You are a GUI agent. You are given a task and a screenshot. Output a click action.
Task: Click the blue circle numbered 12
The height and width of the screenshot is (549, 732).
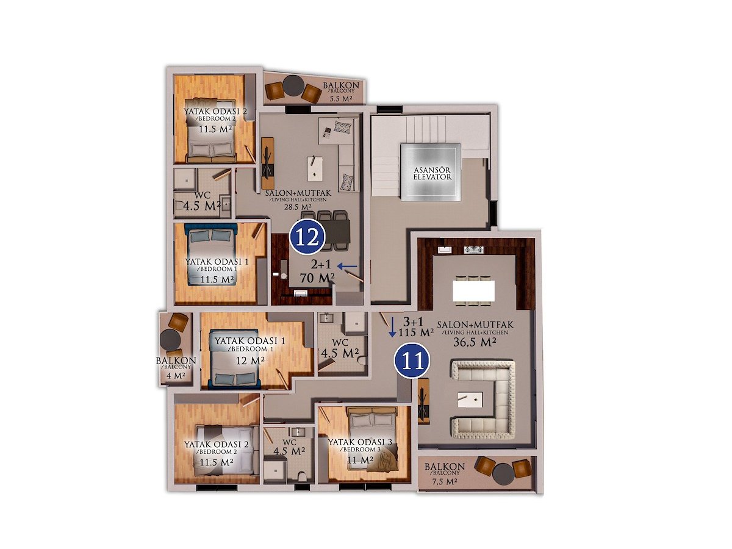306,238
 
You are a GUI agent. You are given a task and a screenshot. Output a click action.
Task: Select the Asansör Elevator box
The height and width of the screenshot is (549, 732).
431,172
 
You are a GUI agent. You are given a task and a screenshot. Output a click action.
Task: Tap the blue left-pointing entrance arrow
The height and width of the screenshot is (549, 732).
347,266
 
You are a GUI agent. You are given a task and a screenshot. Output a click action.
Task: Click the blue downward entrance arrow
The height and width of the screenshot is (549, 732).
392,327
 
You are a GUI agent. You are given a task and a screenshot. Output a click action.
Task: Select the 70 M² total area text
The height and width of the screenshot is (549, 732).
317,278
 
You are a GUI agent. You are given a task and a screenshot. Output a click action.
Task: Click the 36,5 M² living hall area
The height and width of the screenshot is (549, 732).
475,342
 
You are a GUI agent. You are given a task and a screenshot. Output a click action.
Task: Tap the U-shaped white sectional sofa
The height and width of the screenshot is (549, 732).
483,399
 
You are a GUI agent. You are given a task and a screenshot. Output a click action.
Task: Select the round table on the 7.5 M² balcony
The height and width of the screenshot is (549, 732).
503,475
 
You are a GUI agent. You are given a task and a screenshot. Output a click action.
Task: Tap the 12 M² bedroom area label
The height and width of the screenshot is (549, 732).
250,360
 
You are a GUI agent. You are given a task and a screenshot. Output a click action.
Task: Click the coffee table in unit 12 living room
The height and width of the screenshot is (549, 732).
315,169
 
